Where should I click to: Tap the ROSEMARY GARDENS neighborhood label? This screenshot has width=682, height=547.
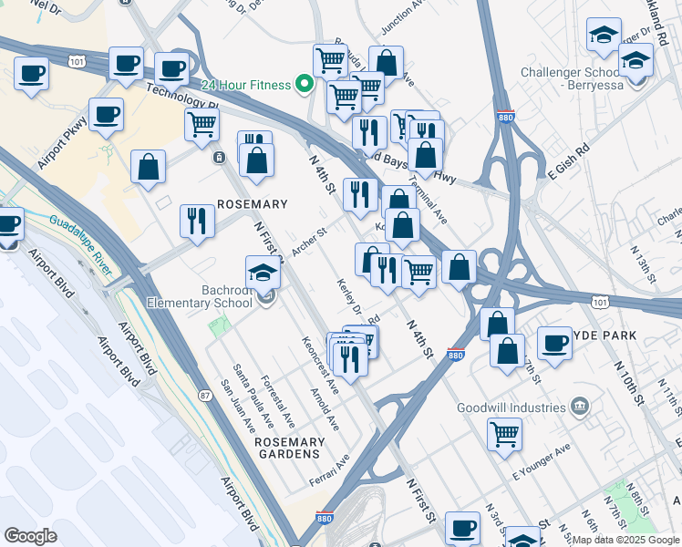coord(289,449)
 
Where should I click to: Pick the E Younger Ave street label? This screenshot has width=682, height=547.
coord(541,462)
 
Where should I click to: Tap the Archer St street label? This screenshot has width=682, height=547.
coord(308,242)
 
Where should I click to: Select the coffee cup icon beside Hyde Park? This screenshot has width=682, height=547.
coord(553,344)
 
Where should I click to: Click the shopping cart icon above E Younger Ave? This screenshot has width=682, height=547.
coord(504,433)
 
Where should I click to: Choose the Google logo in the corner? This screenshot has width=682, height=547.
coord(30,536)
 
